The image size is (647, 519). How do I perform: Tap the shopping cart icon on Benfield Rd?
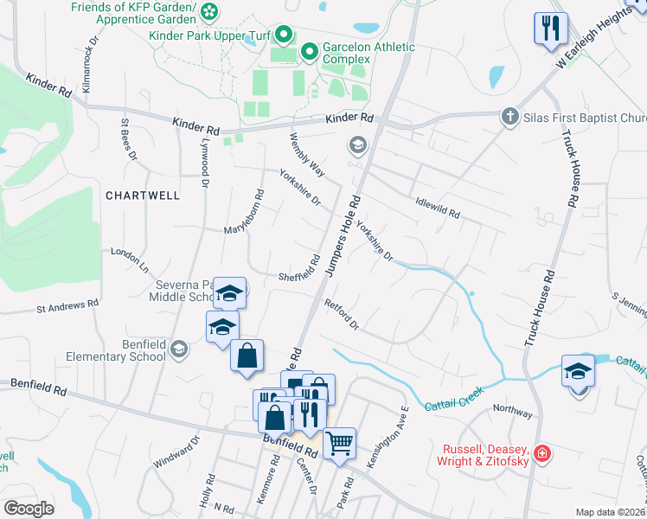pyautogui.click(x=339, y=443)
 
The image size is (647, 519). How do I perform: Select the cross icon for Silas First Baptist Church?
pyautogui.click(x=510, y=116)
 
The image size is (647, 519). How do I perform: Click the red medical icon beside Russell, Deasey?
pyautogui.click(x=541, y=453)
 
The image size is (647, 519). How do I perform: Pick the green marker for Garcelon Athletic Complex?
pyautogui.click(x=311, y=54)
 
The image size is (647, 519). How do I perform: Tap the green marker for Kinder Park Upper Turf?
pyautogui.click(x=283, y=36)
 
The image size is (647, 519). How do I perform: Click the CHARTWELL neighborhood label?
pyautogui.click(x=143, y=195)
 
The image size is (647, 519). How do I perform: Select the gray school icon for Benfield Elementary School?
pyautogui.click(x=179, y=349)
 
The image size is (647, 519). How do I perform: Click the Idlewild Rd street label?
pyautogui.click(x=437, y=207)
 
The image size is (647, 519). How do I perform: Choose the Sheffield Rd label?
pyautogui.click(x=299, y=268)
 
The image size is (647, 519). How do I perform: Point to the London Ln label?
pyautogui.click(x=130, y=257)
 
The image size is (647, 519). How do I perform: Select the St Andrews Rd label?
pyautogui.click(x=67, y=306)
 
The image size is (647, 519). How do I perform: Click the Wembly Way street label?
pyautogui.click(x=307, y=153)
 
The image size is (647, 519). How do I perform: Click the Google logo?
pyautogui.click(x=29, y=509)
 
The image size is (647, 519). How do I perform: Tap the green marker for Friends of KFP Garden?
pyautogui.click(x=208, y=12)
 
